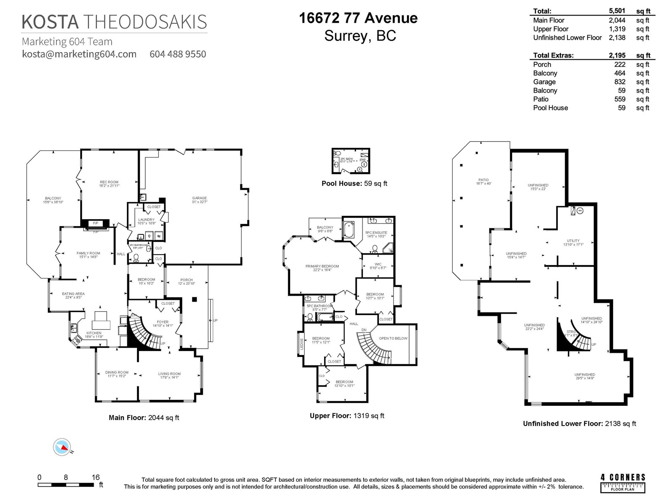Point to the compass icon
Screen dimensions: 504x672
point(62,447)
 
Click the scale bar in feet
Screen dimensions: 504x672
point(66,485)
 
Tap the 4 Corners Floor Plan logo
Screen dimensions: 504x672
point(623,483)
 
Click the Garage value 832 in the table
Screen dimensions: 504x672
point(619,82)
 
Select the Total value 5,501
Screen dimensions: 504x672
point(617,11)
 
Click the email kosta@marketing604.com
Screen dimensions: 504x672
point(79,54)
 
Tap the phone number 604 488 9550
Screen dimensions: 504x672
point(178,54)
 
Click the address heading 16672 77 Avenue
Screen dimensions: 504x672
point(358,18)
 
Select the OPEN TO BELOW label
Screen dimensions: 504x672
point(393,338)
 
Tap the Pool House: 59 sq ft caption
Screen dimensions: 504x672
point(354,183)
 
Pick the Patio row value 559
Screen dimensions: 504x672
point(619,99)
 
